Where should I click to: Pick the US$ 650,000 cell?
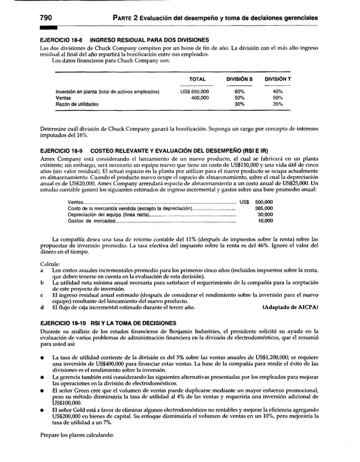point(195,91)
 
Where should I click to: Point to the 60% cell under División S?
point(239,91)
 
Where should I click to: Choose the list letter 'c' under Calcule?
point(43,294)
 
